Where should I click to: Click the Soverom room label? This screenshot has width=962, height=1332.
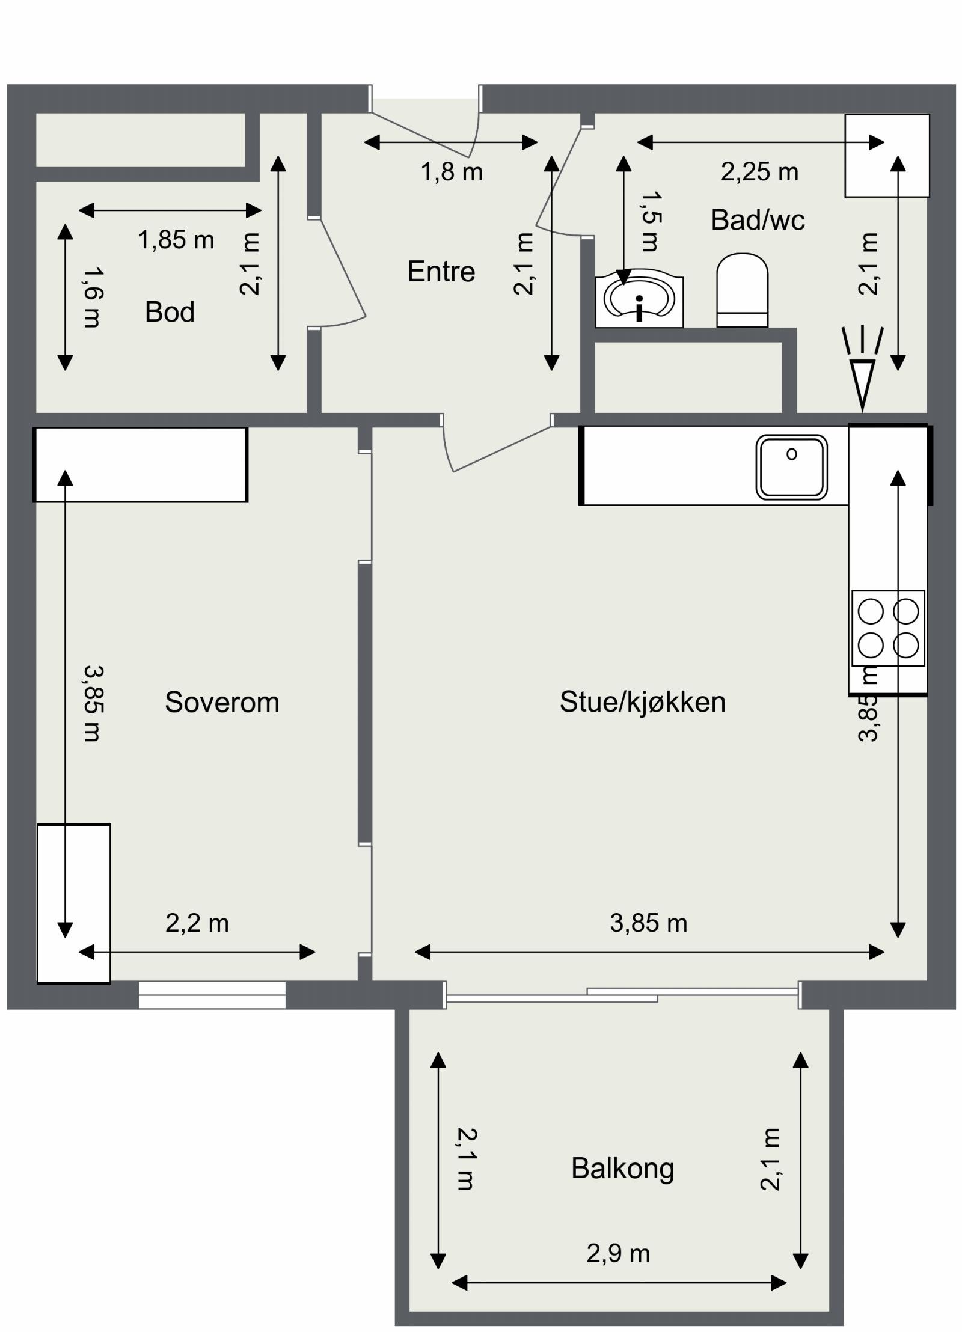222,702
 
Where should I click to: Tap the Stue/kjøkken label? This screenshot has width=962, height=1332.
642,702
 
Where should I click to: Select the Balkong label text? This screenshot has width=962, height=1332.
622,1169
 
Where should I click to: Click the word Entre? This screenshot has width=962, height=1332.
441,272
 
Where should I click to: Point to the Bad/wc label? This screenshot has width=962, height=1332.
757,220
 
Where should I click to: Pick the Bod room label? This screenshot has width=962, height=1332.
170,312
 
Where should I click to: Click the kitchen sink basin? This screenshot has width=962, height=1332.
791,467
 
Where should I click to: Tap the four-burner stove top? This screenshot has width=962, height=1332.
887,628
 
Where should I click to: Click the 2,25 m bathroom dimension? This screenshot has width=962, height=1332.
759,173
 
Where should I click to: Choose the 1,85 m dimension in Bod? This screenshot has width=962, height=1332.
176,240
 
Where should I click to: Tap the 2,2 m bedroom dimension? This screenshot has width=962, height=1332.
197,923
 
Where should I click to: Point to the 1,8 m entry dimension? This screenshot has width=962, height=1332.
451,173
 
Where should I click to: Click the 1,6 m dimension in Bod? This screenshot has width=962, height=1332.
92,298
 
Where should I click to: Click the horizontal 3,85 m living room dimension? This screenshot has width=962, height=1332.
648,923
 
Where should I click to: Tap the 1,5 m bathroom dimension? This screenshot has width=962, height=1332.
651,221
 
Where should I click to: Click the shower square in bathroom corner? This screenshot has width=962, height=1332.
886,156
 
